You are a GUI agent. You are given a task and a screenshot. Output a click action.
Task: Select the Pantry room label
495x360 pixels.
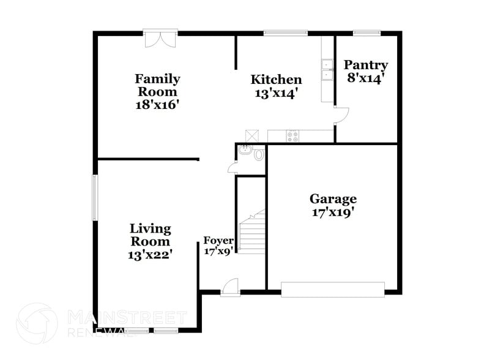click(x=366, y=65)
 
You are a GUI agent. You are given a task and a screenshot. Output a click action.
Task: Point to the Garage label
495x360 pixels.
click(x=333, y=199)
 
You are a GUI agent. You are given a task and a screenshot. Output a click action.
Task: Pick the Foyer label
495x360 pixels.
click(x=218, y=241)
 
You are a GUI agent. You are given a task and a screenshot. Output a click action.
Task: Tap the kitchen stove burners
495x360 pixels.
click(x=292, y=137)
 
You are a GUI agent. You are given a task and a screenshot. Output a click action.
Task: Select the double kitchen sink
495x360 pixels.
click(x=327, y=69)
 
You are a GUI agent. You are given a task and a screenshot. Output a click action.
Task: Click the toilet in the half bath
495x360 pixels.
click(x=259, y=154)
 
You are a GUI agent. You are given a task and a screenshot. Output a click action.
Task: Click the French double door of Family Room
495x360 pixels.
click(x=161, y=38)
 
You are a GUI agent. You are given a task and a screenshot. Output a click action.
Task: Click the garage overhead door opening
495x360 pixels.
click(x=333, y=290)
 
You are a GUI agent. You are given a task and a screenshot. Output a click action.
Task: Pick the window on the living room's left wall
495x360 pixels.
click(x=95, y=197)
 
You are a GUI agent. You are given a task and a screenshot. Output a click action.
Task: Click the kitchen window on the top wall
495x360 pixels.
click(x=285, y=32)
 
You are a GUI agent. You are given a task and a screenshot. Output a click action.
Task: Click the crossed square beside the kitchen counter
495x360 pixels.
click(x=253, y=136)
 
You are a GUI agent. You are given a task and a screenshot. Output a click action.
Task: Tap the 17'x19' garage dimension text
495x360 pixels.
click(x=333, y=212)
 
